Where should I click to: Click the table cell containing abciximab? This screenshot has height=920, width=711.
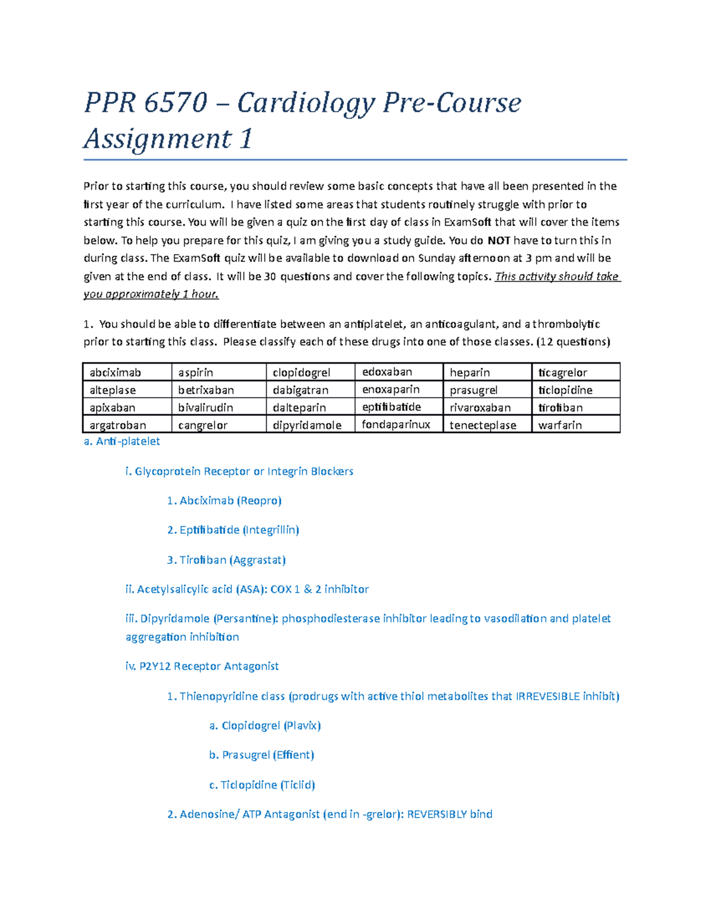tap(127, 372)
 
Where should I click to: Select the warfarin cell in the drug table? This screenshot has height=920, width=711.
tap(575, 425)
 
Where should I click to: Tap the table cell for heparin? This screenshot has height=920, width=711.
tap(487, 372)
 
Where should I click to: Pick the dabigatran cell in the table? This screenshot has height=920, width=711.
tap(310, 390)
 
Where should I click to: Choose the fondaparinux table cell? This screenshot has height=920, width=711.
tap(399, 425)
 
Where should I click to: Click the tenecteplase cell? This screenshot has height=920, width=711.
tap(487, 425)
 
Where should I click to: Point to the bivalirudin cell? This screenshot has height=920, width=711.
tap(218, 408)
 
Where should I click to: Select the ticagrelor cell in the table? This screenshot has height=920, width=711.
tap(575, 372)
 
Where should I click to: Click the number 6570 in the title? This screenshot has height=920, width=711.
tap(175, 102)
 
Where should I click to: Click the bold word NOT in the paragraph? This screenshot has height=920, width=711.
tap(499, 241)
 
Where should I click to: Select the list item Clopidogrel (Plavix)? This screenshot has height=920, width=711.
tap(265, 726)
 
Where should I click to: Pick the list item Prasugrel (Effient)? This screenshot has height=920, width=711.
tap(261, 755)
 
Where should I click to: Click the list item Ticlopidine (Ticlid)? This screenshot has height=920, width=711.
tap(262, 785)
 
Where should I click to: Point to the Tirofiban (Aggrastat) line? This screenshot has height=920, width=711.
tap(226, 560)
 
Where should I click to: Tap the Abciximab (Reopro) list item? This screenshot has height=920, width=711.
tap(224, 501)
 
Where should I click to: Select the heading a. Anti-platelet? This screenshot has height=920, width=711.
tap(122, 441)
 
